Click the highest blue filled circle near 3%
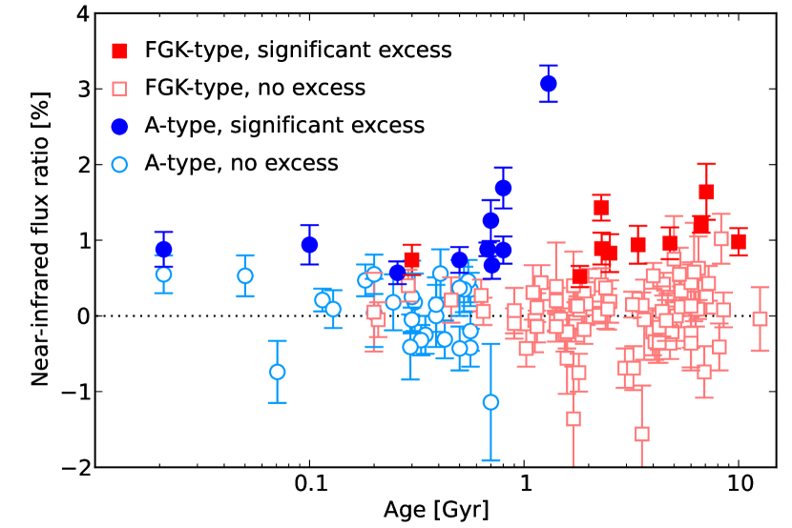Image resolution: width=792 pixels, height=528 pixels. (x=548, y=84)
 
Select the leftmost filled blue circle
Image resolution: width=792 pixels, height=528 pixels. (x=163, y=250)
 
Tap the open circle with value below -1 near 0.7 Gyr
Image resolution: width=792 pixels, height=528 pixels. (x=490, y=401)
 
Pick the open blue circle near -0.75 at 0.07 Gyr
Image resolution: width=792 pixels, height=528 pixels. (x=278, y=372)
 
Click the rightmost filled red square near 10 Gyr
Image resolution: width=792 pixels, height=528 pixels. (x=738, y=241)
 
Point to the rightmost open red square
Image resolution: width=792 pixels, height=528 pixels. (x=760, y=318)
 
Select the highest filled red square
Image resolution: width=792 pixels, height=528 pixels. (x=706, y=192)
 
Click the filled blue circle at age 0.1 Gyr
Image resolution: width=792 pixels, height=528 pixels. (x=309, y=245)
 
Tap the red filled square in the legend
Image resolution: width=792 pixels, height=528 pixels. (x=119, y=50)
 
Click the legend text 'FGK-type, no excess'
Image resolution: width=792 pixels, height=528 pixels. (x=255, y=88)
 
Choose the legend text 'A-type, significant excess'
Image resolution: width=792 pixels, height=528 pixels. (x=283, y=125)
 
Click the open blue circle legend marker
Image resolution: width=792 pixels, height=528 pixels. (x=119, y=163)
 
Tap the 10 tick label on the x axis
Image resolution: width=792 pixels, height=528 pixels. (x=738, y=483)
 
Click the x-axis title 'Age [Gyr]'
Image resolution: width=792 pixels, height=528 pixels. (x=435, y=510)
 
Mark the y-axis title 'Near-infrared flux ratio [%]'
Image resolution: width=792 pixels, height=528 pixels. (x=39, y=241)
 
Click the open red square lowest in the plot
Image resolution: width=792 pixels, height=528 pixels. (x=641, y=434)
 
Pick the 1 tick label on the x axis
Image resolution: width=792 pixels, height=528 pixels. (x=524, y=483)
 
